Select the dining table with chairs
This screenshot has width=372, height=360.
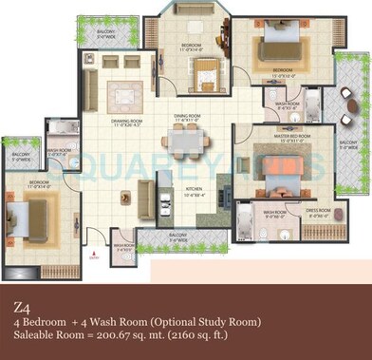185,143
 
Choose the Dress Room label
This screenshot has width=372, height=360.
320,212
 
